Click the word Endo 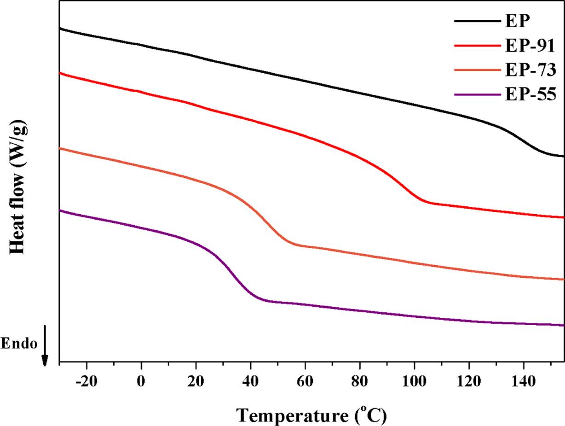[x=19, y=344]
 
